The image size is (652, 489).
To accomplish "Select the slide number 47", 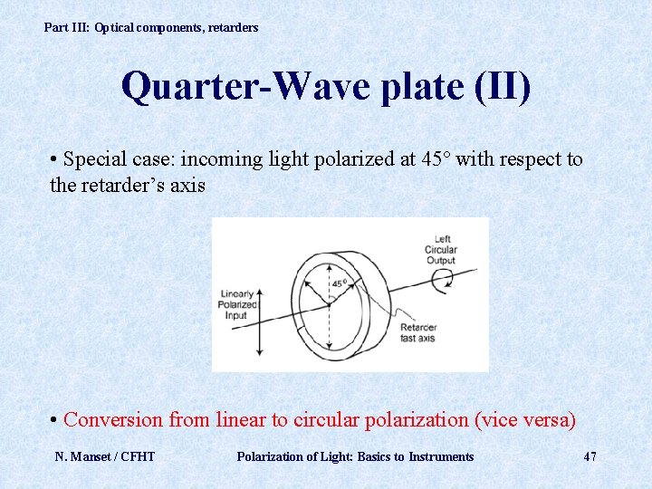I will (590, 456).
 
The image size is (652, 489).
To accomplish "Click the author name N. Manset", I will (83, 456).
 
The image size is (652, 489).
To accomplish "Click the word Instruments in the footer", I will (441, 456).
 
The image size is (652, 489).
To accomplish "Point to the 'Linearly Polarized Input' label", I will (237, 305).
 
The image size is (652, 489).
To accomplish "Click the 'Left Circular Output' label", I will (441, 250).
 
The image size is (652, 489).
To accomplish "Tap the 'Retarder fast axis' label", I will (418, 332).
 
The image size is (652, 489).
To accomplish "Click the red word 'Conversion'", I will (114, 420).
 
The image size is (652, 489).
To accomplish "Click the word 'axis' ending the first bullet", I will (189, 186).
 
